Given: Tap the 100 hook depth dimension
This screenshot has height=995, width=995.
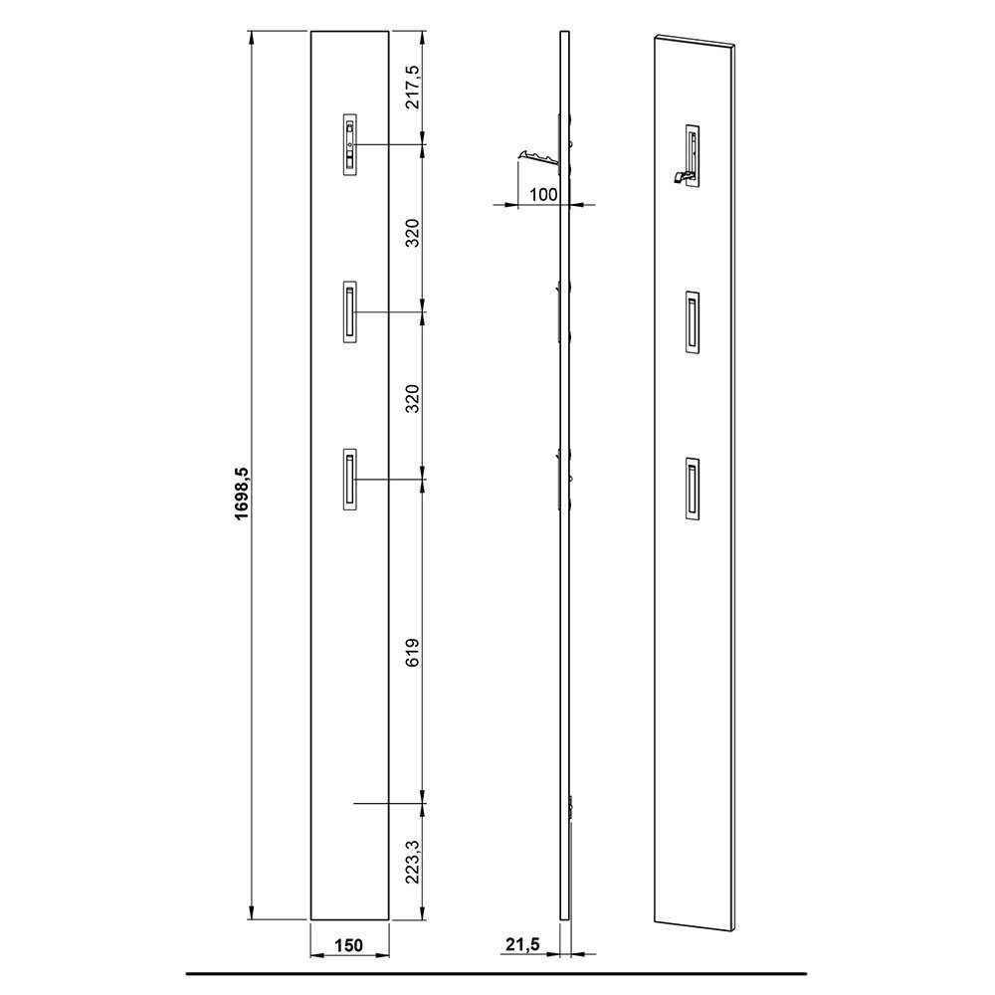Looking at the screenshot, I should pyautogui.click(x=542, y=194).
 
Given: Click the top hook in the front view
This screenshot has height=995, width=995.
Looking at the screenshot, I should pyautogui.click(x=349, y=145).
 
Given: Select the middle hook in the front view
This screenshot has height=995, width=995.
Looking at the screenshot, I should pyautogui.click(x=349, y=312).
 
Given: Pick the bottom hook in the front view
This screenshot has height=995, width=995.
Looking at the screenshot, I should pyautogui.click(x=349, y=480).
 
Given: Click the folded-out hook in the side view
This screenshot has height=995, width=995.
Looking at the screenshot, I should pyautogui.click(x=537, y=153).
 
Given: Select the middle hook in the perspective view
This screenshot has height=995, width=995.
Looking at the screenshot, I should pyautogui.click(x=692, y=322).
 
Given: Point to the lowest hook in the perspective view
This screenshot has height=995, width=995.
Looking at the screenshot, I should pyautogui.click(x=692, y=489).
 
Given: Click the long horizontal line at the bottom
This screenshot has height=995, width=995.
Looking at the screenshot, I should pyautogui.click(x=497, y=971).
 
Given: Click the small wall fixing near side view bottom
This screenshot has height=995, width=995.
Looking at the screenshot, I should pyautogui.click(x=571, y=808).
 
